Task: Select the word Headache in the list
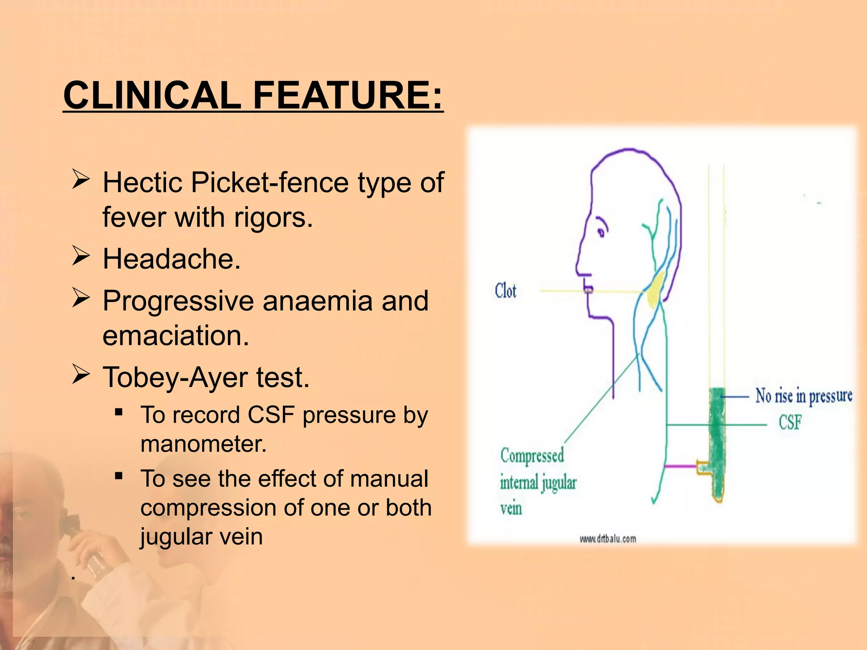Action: [x=171, y=259]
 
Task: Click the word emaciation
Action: [x=175, y=336]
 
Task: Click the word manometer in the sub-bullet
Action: [x=203, y=444]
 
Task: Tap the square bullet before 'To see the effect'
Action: [x=119, y=476]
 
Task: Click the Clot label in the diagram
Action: [x=505, y=291]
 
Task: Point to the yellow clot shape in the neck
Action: [x=656, y=290]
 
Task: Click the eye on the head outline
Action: [x=600, y=232]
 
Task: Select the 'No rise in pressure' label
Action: [x=803, y=396]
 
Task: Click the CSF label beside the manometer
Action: [x=790, y=422]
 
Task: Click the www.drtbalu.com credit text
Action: [x=607, y=539]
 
